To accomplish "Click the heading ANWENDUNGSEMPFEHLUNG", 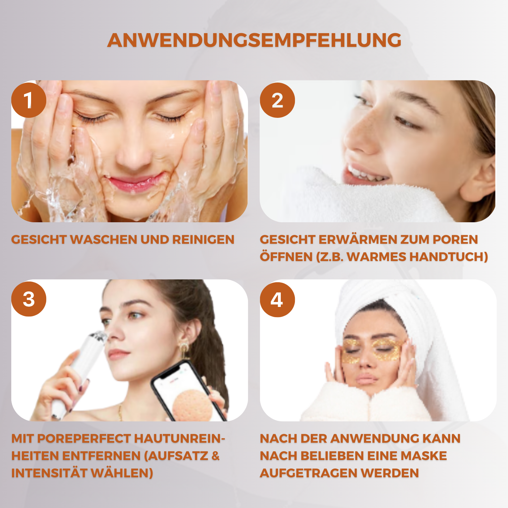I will point(254,40).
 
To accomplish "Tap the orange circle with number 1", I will point(29,100).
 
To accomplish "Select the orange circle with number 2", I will point(277,100).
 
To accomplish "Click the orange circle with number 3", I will point(29,299).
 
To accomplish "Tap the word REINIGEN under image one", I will point(203,240).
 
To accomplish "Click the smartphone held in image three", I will point(187,392).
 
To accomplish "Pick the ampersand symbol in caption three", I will point(216,456).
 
